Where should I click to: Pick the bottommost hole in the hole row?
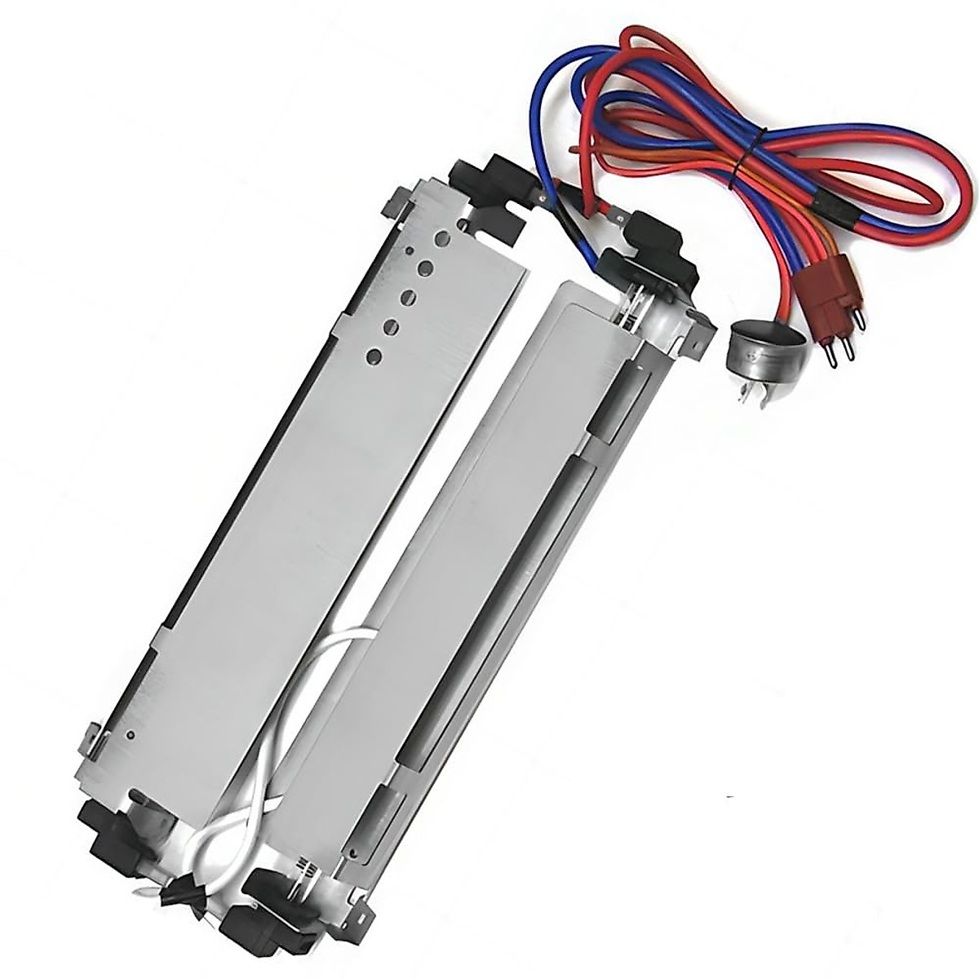[374, 355]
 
